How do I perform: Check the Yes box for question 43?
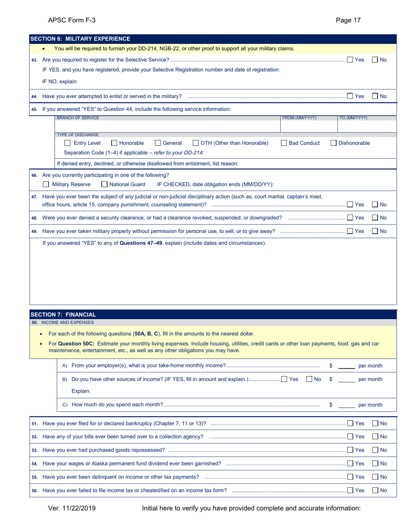[x=350, y=60]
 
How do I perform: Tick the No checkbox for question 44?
[x=375, y=96]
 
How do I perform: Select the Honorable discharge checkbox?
[x=115, y=143]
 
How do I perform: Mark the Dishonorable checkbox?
[x=334, y=143]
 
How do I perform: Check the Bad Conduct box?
[x=284, y=143]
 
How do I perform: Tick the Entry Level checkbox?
[x=67, y=143]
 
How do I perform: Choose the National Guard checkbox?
[x=105, y=185]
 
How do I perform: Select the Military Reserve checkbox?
[x=46, y=185]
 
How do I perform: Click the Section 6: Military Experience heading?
[x=80, y=39]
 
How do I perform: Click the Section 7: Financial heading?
[x=63, y=314]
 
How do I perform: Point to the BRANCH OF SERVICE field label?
[x=78, y=118]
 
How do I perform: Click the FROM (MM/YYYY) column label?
[x=299, y=118]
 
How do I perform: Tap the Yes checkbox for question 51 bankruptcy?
[x=350, y=424]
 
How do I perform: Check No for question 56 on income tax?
[x=375, y=490]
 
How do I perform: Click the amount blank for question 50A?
[x=347, y=366]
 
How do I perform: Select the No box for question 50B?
[x=309, y=379]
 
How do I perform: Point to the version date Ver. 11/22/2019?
[x=72, y=508]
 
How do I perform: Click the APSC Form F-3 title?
[x=72, y=20]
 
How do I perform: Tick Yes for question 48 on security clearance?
[x=350, y=218]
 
